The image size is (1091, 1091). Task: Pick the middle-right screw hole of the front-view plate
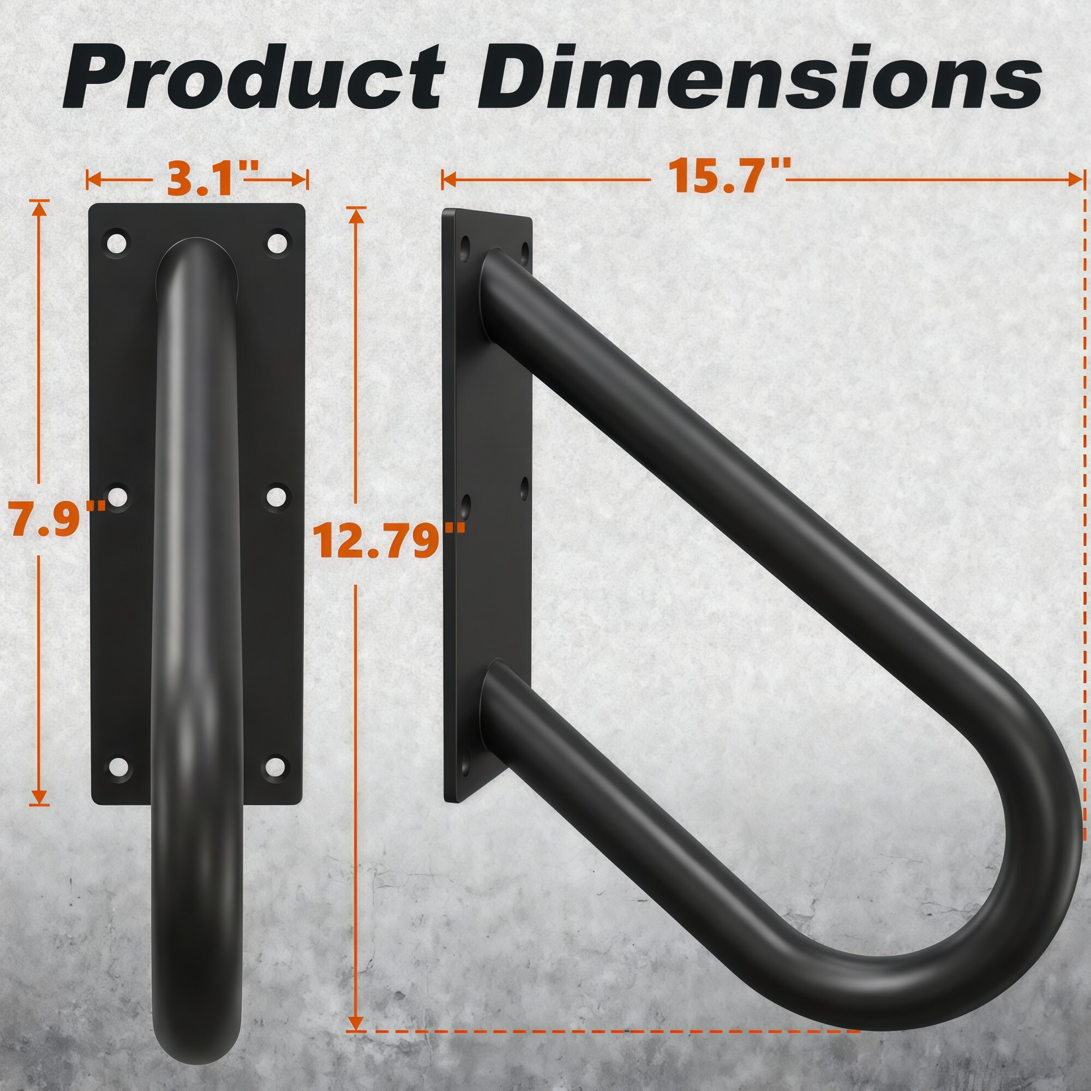point(276,497)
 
